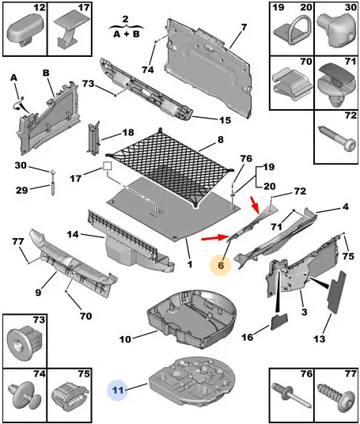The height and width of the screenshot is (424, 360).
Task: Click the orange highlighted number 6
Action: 221,265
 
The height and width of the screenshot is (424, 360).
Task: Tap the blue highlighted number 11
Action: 118,390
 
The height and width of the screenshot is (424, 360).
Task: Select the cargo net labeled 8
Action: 170,167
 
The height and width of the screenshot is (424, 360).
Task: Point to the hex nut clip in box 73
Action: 25,343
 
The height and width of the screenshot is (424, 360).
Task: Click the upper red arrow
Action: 256,204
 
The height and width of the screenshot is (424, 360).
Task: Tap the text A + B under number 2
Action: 127,34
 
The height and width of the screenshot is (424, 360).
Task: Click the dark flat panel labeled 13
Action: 337,292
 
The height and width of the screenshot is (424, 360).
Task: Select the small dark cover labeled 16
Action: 279,322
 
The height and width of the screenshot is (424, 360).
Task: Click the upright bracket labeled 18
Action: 93,138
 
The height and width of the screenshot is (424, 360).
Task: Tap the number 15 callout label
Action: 225,120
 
